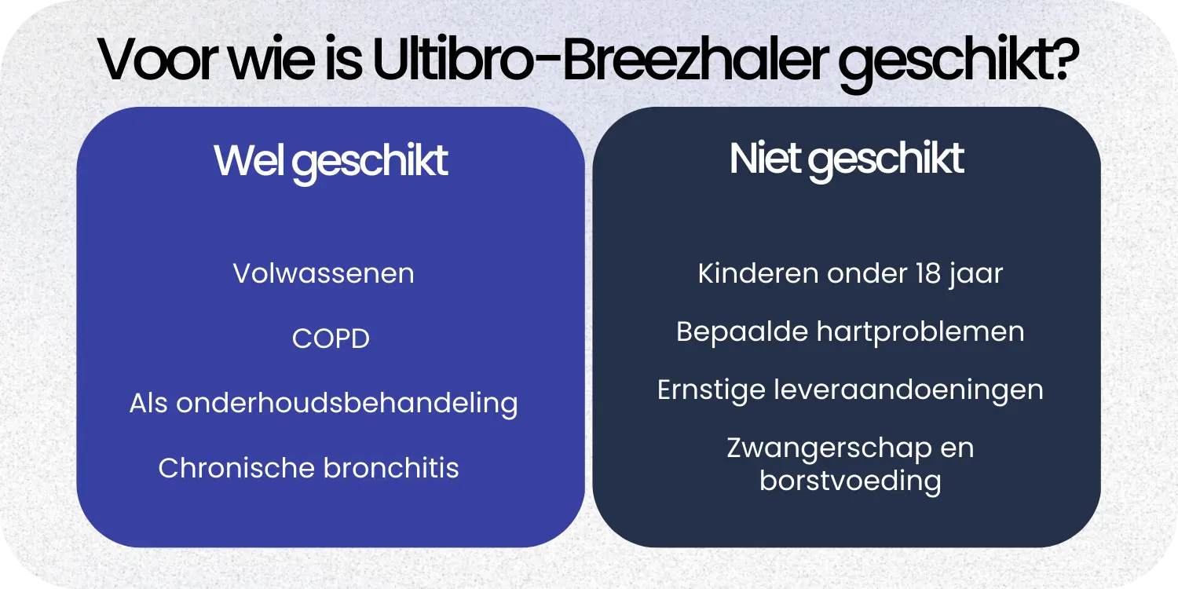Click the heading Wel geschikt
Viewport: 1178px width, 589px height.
click(331, 161)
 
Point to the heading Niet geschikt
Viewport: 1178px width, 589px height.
click(847, 159)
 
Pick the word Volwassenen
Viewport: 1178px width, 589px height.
click(324, 273)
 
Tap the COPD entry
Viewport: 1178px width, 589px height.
click(331, 338)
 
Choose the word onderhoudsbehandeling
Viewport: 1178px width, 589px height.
click(346, 403)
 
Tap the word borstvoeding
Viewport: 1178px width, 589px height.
click(851, 480)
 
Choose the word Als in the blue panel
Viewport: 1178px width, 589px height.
click(149, 403)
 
